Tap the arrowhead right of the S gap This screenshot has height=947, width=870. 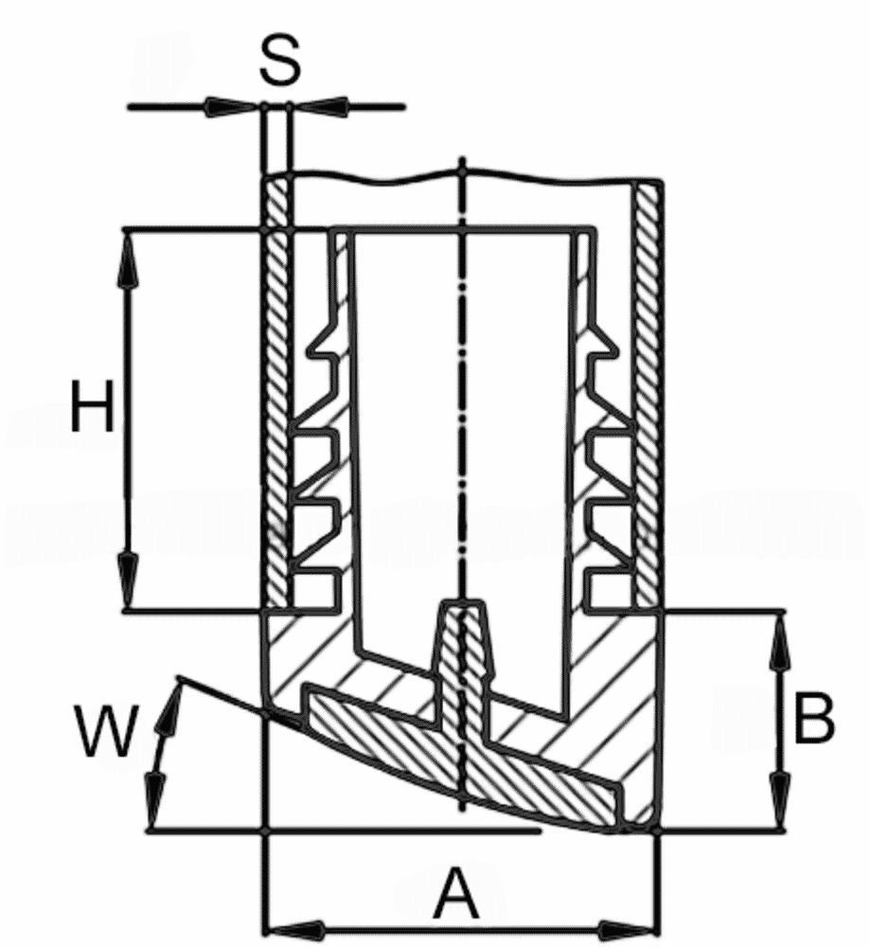coord(316,107)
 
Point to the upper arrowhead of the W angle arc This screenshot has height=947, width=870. coord(170,706)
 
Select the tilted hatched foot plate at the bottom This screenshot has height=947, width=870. coord(473,758)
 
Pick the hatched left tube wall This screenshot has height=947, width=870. coord(275,398)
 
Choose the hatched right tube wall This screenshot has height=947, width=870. coord(648,398)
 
